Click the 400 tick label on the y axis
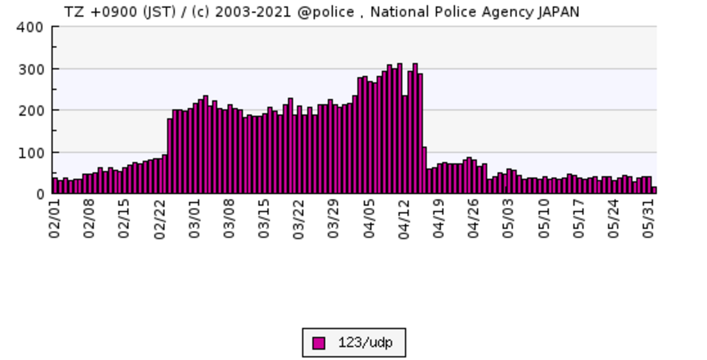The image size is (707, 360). tap(32, 27)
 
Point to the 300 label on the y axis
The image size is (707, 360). tap(32, 69)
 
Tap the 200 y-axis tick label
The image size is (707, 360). tap(32, 110)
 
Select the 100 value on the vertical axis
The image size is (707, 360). tap(32, 152)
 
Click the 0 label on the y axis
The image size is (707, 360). tap(39, 194)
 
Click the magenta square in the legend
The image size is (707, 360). tap(319, 343)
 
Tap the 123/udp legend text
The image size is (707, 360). tap(365, 343)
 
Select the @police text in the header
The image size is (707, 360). tap(326, 11)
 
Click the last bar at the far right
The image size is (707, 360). tap(654, 190)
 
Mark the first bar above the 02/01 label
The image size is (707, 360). tap(55, 185)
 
